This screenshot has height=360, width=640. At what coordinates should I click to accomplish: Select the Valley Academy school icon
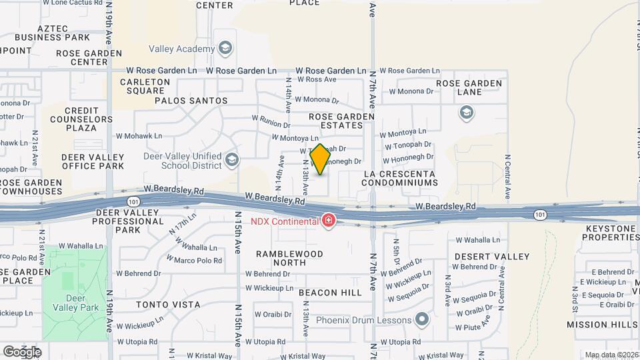pos(225,48)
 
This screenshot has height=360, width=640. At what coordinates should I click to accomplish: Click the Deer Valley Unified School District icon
pos(231,159)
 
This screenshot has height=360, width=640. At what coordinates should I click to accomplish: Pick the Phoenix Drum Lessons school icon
pos(421,320)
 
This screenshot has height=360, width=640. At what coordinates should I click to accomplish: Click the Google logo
pos(22,351)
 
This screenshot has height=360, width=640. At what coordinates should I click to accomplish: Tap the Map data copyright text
pos(611,355)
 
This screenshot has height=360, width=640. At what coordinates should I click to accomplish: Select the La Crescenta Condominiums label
pos(400,177)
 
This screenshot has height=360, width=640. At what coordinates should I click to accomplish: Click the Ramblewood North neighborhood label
pos(290,258)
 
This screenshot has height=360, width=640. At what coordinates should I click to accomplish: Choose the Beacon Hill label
pos(330,293)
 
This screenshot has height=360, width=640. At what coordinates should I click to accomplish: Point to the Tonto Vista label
pos(168,305)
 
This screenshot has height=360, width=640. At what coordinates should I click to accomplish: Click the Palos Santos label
pos(191,101)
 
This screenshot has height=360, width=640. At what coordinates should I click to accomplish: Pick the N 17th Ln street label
pos(183,223)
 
